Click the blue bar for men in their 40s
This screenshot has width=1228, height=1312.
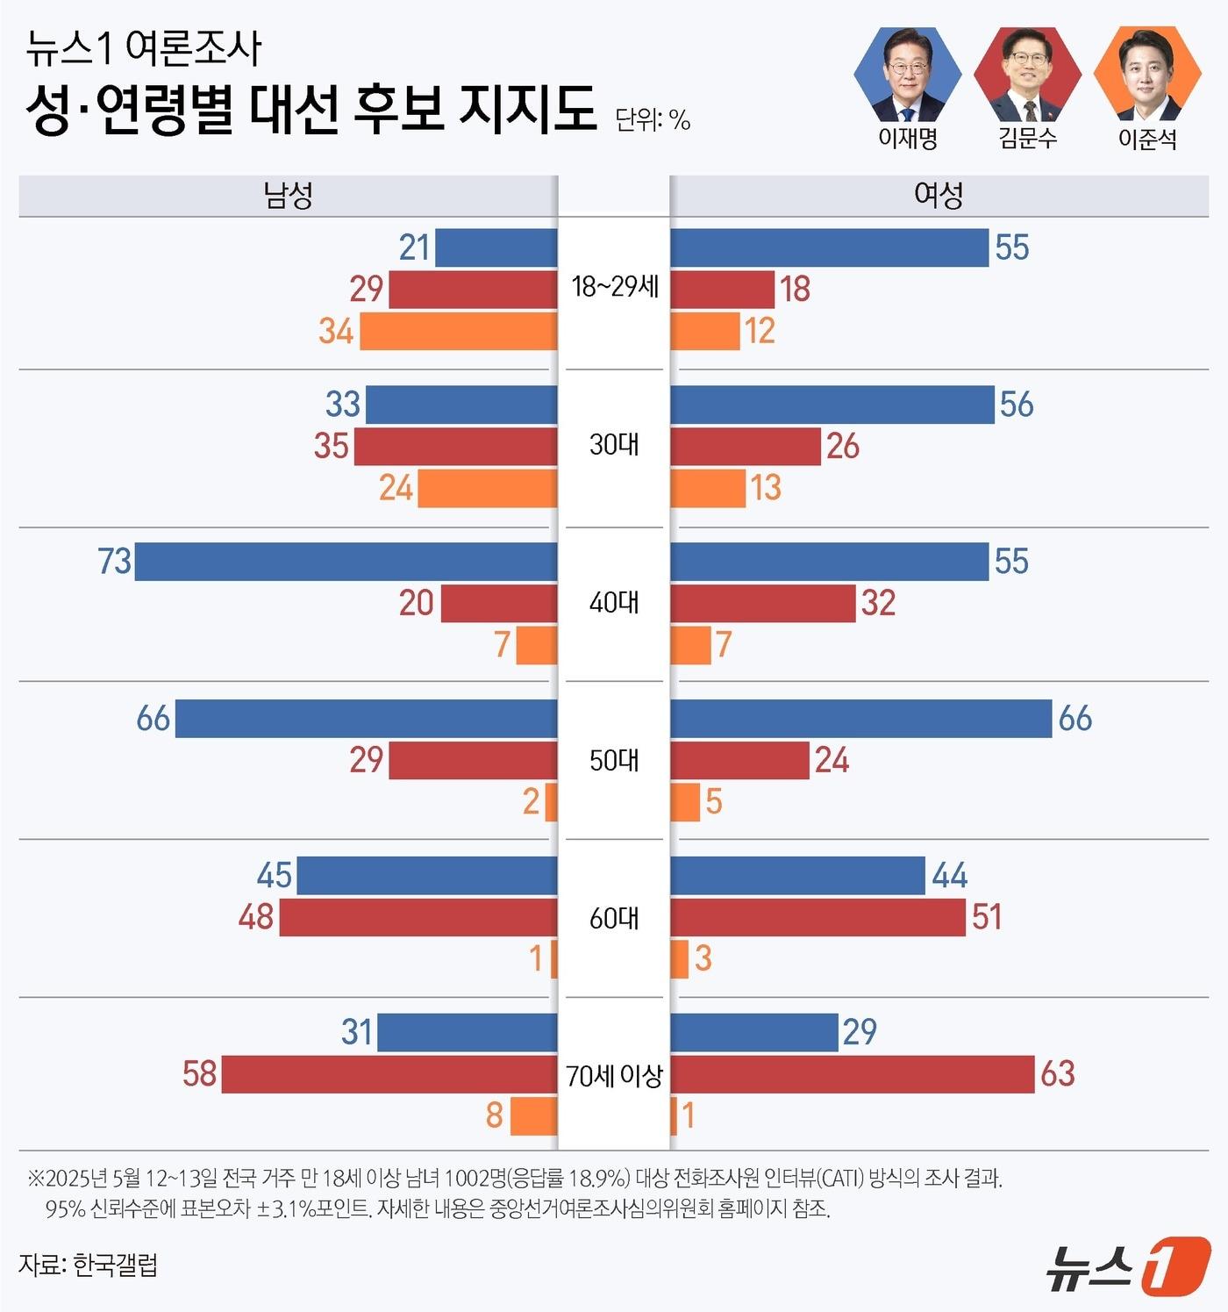[346, 562]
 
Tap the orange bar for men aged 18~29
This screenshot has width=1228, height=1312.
[458, 332]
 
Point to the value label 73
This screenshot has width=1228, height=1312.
[115, 562]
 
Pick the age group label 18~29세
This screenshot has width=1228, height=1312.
[614, 287]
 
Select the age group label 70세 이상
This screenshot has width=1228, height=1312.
[614, 1075]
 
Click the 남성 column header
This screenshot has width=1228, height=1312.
[288, 195]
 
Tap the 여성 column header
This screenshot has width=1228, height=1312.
[939, 195]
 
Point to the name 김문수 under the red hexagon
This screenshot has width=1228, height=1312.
[1027, 139]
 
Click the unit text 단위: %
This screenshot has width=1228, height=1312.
[653, 119]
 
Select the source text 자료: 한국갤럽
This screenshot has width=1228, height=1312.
[88, 1265]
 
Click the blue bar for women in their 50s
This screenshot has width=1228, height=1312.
[860, 719]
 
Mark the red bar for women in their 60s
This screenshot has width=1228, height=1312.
[817, 917]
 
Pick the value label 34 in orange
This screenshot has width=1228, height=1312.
[336, 332]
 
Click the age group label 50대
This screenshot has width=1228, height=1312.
[614, 760]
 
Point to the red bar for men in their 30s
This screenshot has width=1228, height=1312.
[455, 447]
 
